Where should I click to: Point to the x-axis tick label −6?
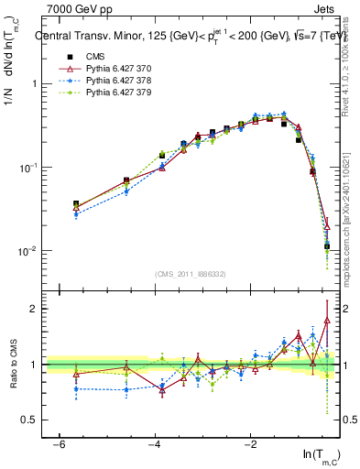click(x=59, y=443)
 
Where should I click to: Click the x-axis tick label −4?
click(x=155, y=443)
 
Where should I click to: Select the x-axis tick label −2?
click(x=250, y=443)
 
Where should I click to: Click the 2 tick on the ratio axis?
click(x=35, y=309)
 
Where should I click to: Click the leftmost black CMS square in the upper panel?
click(x=76, y=204)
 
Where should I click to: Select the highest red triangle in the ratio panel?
click(x=327, y=320)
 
